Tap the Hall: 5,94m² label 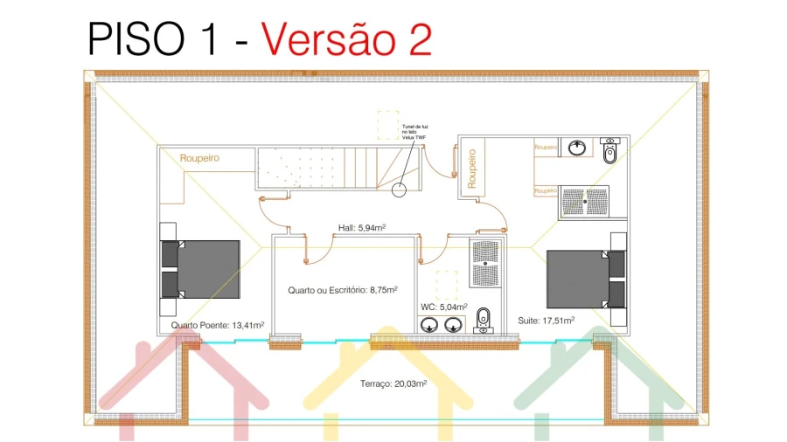[x=362, y=229]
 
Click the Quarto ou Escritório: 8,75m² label [x=343, y=290]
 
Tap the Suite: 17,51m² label [x=546, y=321]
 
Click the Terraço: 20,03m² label [x=393, y=383]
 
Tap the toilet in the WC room [x=483, y=321]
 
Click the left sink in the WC [x=430, y=326]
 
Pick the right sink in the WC [x=452, y=326]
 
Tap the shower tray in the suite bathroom [x=584, y=201]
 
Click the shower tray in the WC [x=484, y=263]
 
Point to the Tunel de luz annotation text [x=414, y=132]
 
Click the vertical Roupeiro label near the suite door [x=471, y=168]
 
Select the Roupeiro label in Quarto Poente [x=199, y=158]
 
